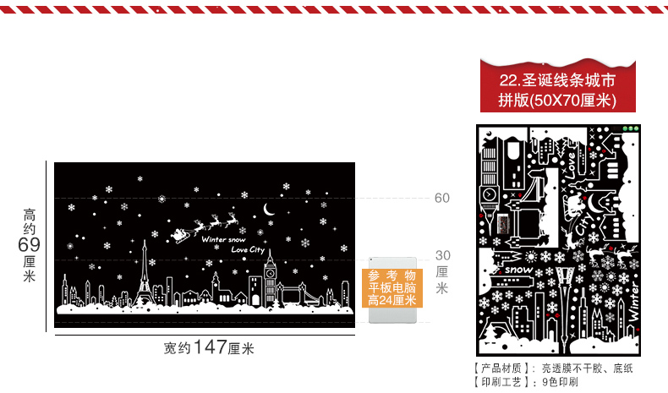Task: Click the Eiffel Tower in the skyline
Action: [x=143, y=272]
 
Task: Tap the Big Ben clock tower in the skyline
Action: [x=270, y=277]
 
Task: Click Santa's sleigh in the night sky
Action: [x=181, y=232]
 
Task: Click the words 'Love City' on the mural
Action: [x=247, y=249]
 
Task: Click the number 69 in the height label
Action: [x=30, y=244]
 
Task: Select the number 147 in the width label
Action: [x=210, y=347]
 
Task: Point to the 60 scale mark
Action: [x=442, y=198]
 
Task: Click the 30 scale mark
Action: [x=442, y=254]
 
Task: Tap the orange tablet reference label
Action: [x=393, y=288]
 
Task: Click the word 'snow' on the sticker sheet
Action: [x=518, y=270]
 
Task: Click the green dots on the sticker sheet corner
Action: [x=629, y=128]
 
